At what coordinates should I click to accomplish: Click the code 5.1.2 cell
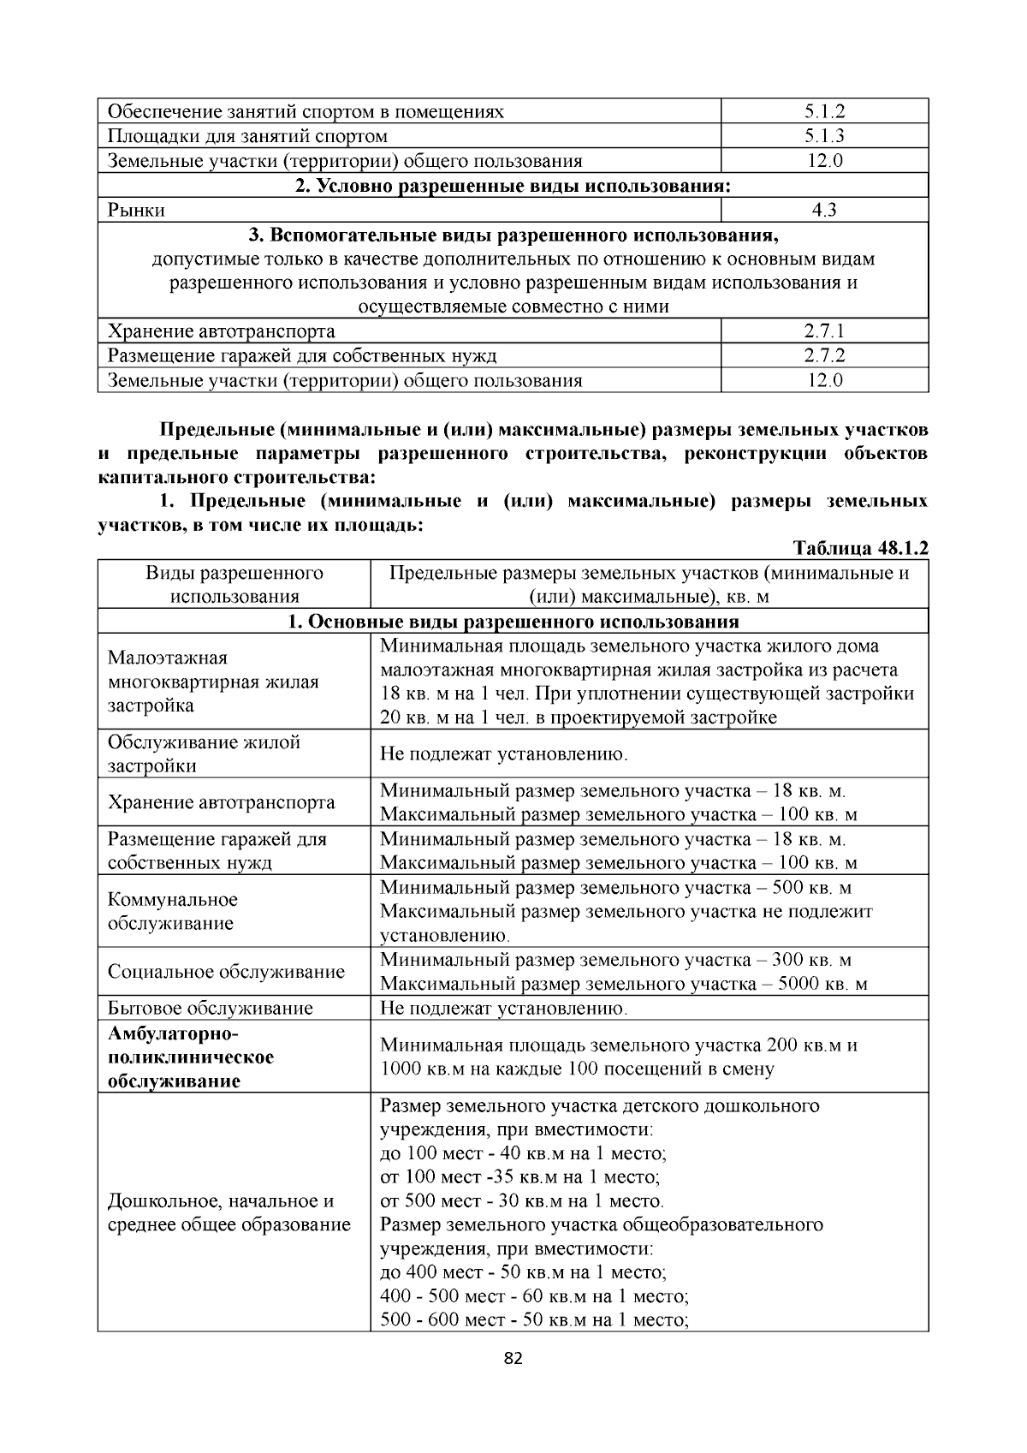(x=824, y=111)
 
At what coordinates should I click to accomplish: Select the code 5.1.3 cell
(x=824, y=136)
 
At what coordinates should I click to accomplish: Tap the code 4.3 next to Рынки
(x=824, y=210)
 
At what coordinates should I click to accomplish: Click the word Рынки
(x=136, y=210)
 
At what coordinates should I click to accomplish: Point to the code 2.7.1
(x=824, y=331)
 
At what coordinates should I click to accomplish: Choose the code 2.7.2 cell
(x=824, y=355)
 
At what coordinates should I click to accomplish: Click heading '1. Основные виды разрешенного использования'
(x=513, y=622)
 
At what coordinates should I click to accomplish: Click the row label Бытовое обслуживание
(x=211, y=1008)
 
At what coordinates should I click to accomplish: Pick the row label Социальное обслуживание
(x=226, y=972)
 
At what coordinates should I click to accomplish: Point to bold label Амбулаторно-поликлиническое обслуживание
(x=191, y=1057)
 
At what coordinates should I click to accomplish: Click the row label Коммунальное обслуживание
(x=173, y=911)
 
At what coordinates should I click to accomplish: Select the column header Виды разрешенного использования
(x=234, y=585)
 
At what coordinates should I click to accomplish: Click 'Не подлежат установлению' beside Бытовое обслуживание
(x=503, y=1008)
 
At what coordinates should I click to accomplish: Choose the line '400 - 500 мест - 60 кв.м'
(x=534, y=1295)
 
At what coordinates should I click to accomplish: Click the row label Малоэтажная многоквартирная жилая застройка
(x=213, y=682)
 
